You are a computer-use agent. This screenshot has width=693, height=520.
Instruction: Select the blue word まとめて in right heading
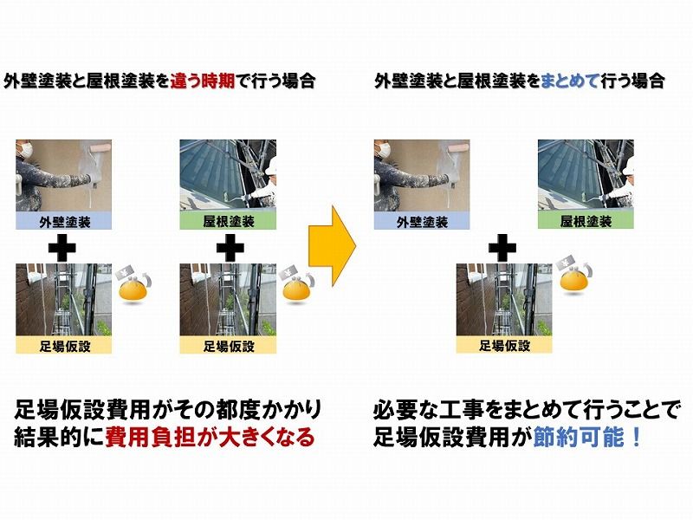click(570, 81)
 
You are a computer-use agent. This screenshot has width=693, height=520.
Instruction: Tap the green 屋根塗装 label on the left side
click(229, 220)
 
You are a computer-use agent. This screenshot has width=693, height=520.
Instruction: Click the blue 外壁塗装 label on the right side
click(422, 220)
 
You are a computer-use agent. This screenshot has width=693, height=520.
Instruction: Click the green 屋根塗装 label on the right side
click(586, 220)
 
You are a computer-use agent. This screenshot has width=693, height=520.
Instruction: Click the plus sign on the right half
click(502, 247)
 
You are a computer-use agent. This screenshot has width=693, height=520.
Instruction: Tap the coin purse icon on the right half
click(574, 278)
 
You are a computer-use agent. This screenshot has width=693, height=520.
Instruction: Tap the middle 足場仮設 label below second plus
click(229, 345)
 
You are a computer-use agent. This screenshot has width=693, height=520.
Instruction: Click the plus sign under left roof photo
click(229, 247)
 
